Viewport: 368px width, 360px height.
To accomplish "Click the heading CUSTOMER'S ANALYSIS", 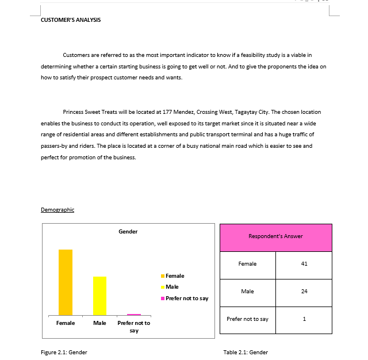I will tap(71, 20).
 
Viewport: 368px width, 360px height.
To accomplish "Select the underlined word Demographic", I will tap(57, 210).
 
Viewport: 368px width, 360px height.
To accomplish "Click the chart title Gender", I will tap(128, 232).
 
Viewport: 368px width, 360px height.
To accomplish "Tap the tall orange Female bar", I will tap(66, 282).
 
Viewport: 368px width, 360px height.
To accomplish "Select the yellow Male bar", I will tap(100, 296).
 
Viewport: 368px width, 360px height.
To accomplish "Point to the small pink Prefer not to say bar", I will tap(134, 314).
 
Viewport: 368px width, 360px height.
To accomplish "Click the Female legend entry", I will tap(175, 276).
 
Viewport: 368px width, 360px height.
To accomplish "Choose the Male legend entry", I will tap(172, 287).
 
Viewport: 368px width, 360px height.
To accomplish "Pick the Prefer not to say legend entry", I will tap(186, 298).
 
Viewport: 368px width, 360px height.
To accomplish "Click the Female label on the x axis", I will tap(66, 323).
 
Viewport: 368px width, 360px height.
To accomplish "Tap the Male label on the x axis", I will tap(99, 323).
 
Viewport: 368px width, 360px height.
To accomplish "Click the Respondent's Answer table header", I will tap(275, 236).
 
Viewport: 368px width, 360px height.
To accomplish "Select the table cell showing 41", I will tap(304, 264).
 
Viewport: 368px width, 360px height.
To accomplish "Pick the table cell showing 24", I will tap(304, 292).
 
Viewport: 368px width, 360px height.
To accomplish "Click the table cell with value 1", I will tap(304, 319).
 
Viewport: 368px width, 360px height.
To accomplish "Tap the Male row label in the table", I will tap(247, 292).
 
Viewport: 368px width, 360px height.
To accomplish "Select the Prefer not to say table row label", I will tap(247, 319).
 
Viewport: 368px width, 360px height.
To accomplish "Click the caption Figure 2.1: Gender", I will tap(64, 353).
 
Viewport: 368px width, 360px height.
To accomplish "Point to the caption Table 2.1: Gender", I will tap(246, 353).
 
